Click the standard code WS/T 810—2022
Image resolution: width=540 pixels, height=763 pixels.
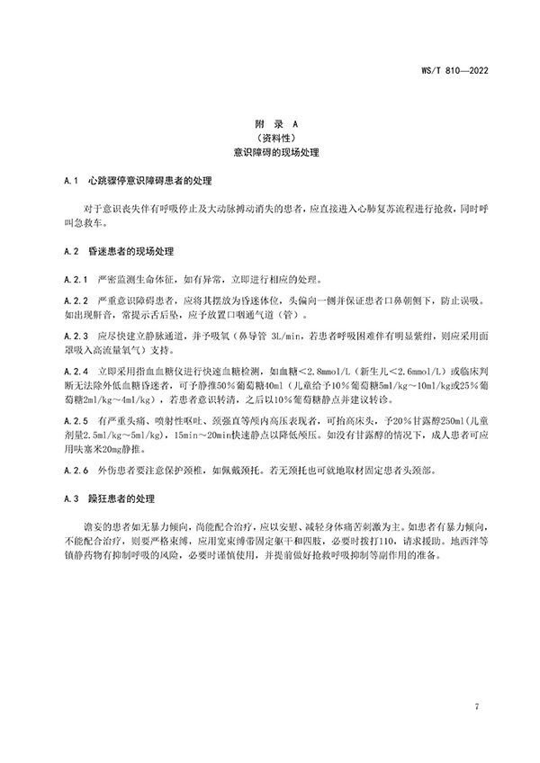coord(487,68)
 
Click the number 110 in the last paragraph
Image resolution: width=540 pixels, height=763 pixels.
coord(388,539)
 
